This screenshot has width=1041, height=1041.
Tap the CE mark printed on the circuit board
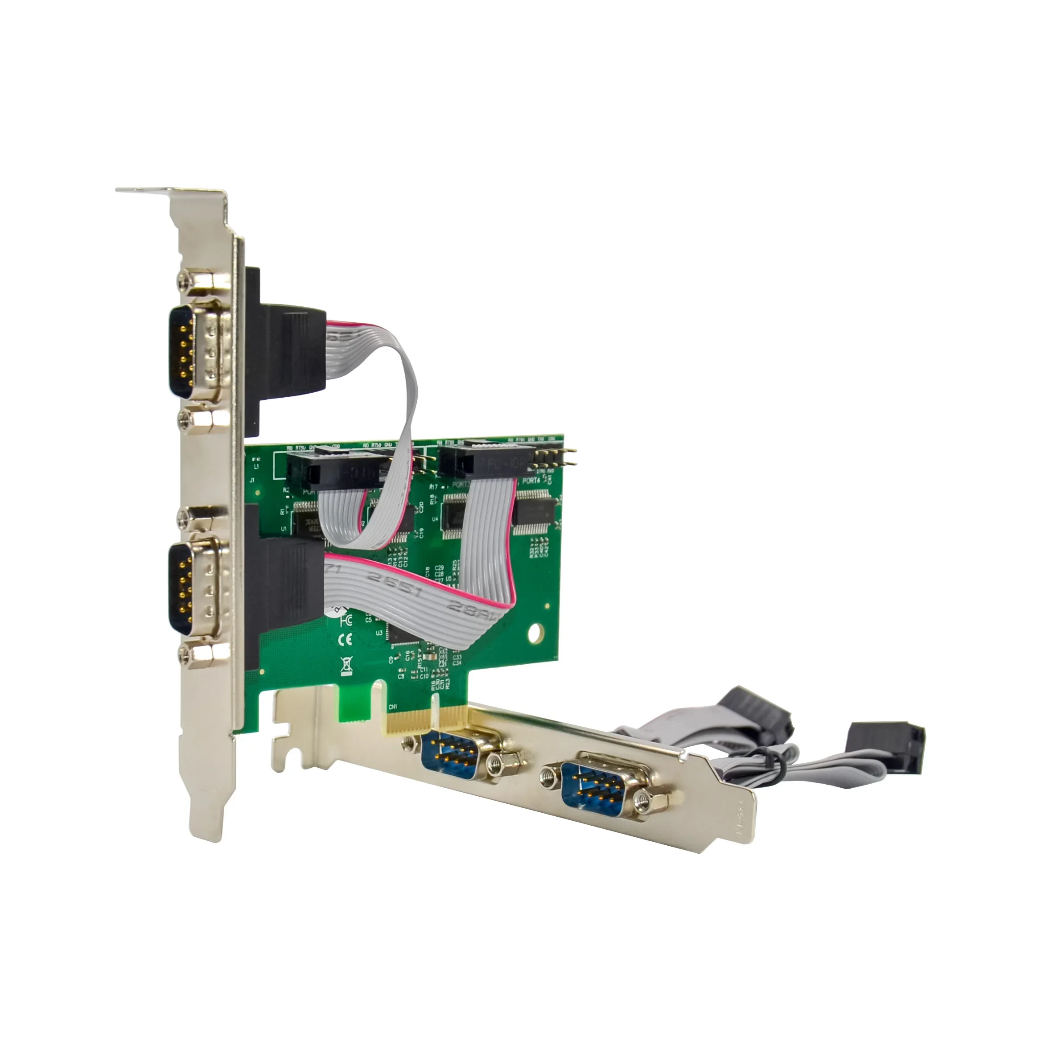click(345, 640)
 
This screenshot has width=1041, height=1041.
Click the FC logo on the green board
click(346, 620)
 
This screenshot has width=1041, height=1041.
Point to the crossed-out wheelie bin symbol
click(346, 666)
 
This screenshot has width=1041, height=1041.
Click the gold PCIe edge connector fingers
click(426, 719)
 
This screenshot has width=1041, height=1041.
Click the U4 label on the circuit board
click(435, 519)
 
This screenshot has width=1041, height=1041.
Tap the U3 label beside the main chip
click(379, 633)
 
